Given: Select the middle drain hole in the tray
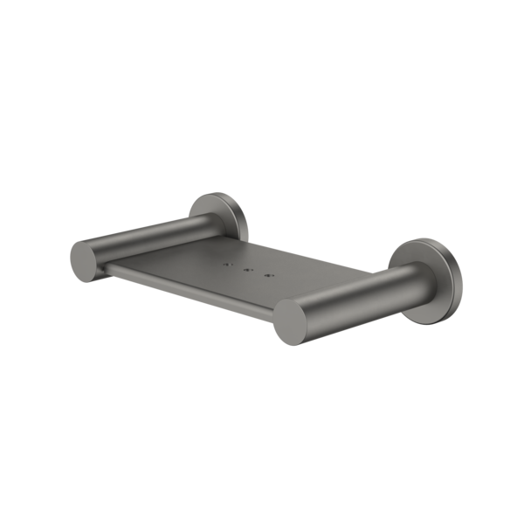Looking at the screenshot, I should (x=249, y=272).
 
